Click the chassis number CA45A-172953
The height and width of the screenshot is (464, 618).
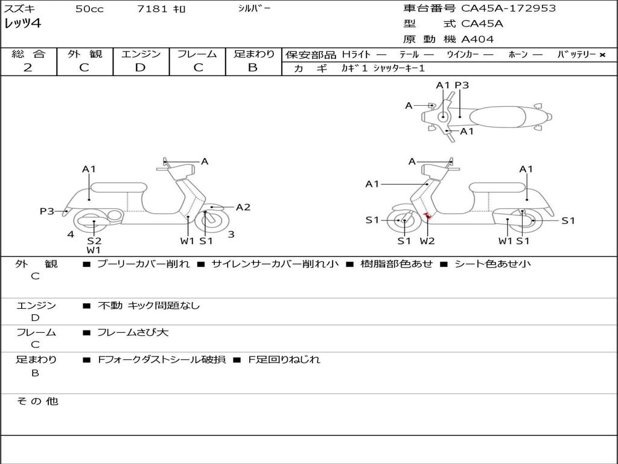click(508, 8)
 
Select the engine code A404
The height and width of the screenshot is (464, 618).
click(477, 39)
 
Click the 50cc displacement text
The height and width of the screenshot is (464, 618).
click(89, 9)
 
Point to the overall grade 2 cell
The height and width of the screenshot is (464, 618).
click(28, 68)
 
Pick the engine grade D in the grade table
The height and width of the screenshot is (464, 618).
click(140, 68)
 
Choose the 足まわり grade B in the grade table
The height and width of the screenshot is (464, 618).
click(253, 68)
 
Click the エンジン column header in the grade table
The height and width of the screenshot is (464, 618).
click(141, 54)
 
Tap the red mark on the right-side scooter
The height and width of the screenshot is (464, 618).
click(427, 216)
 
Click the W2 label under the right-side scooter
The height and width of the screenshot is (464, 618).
click(427, 241)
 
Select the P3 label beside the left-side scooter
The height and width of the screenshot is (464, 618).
click(47, 211)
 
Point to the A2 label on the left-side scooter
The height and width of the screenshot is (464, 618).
click(243, 207)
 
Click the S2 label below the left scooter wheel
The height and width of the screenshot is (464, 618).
click(94, 240)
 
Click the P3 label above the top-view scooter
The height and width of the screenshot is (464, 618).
click(462, 85)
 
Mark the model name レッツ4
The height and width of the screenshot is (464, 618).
click(23, 24)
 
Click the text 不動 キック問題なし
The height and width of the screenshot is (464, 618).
click(148, 306)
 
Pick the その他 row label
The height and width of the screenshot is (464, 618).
click(37, 401)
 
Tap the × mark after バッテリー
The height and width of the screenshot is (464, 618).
click(602, 54)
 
